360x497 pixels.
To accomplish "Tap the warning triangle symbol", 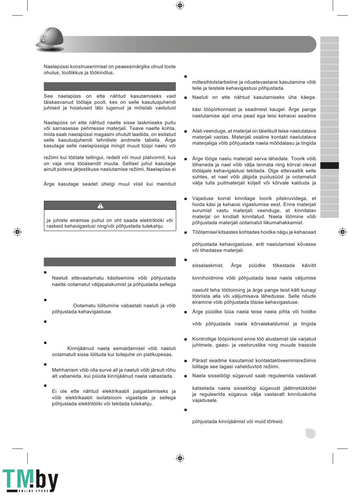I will point(100,206).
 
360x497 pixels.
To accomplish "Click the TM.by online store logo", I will point(30,481).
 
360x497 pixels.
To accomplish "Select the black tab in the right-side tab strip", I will point(329,166).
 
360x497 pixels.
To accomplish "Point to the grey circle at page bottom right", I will point(310,433).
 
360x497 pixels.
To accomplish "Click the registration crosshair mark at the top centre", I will point(180,5).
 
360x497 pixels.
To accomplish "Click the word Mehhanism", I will point(65,370).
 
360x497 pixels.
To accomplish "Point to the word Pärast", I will point(200,361).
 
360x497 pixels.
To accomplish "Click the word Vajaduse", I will point(203,198).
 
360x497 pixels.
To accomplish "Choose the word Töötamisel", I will point(206,232).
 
